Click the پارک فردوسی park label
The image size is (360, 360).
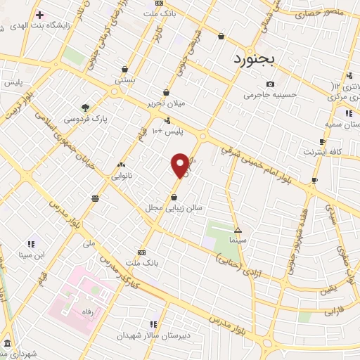pyautogui.click(x=85, y=120)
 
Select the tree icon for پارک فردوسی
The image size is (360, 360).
pyautogui.click(x=85, y=108)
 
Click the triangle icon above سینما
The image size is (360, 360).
pyautogui.click(x=238, y=230)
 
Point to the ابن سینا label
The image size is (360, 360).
pyautogui.click(x=32, y=254)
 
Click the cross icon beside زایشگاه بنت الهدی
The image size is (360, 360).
pyautogui.click(x=39, y=15)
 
